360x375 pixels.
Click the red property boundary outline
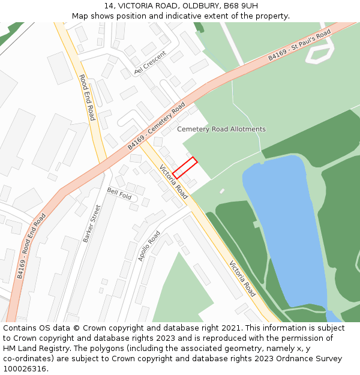point(185,167)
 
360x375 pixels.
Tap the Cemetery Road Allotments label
point(221,130)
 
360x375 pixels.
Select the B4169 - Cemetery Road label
point(156,127)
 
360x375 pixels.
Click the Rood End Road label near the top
point(87,97)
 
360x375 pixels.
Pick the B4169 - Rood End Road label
point(31,246)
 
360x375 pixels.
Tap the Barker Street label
point(92,223)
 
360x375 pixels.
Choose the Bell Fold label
point(119,193)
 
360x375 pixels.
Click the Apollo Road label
point(149,246)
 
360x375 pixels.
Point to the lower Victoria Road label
point(242,279)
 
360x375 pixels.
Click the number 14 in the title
point(108,6)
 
